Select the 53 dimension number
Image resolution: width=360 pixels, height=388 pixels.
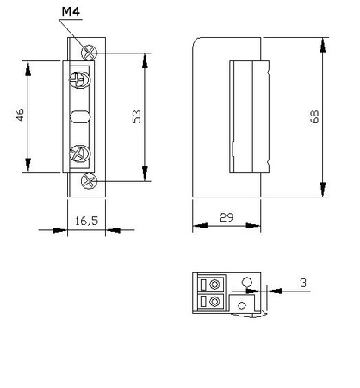click(135, 117)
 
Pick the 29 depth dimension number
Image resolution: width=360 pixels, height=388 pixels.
click(227, 218)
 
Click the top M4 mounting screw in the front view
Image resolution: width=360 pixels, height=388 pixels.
click(86, 52)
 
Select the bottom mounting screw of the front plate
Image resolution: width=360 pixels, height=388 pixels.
click(86, 181)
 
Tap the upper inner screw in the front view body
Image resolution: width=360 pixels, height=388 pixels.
click(78, 82)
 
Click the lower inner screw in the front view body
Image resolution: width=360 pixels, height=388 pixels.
click(78, 154)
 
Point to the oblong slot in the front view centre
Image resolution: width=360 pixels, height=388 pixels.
click(78, 117)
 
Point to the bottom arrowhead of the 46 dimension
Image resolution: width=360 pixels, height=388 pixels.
click(28, 169)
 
